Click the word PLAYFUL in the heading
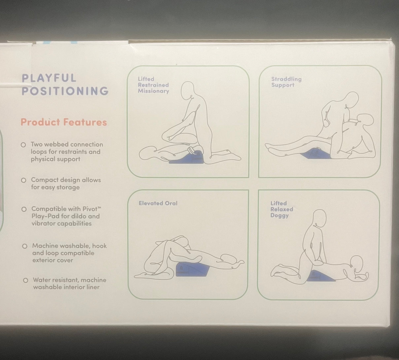(49, 78)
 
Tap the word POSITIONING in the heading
(65, 91)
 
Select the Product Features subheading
(64, 122)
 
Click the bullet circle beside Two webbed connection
(23, 145)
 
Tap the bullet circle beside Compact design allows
(24, 180)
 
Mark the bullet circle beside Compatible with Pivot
(24, 209)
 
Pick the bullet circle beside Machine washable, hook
(25, 246)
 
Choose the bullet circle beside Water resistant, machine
(25, 280)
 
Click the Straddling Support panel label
(286, 82)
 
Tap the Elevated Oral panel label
(158, 203)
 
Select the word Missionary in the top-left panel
(154, 91)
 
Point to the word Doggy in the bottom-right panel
(279, 216)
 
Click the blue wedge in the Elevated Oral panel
(192, 269)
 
